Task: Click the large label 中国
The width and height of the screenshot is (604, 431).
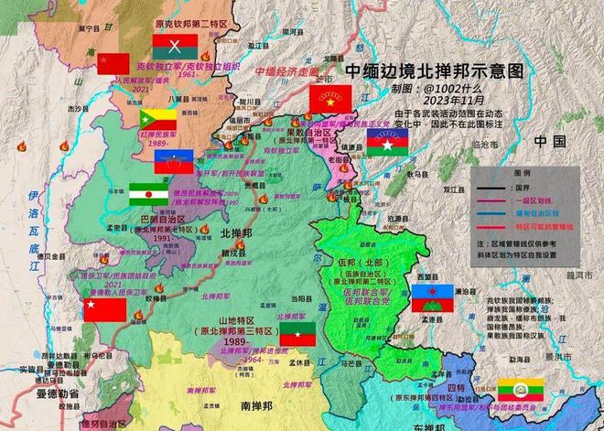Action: click(552, 142)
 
